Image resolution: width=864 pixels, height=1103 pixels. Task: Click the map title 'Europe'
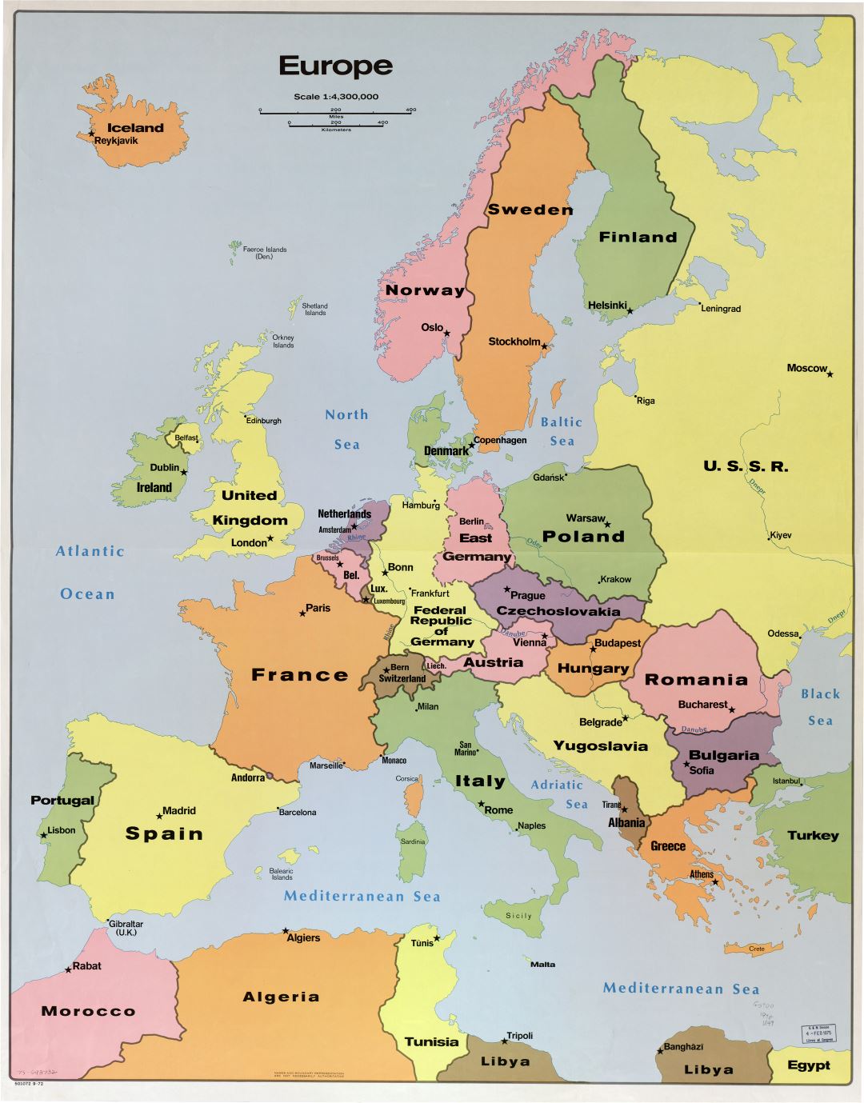[335, 66]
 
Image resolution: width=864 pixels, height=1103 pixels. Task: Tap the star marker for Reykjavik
[91, 134]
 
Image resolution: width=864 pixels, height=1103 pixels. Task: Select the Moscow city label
[806, 368]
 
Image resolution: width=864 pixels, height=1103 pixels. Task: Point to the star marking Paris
[302, 613]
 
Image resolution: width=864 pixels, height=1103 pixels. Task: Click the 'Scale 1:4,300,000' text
[336, 97]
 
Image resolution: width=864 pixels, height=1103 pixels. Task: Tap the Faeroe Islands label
[265, 253]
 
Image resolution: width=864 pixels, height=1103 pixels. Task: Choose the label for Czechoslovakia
[558, 612]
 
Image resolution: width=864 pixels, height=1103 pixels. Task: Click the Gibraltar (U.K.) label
[126, 928]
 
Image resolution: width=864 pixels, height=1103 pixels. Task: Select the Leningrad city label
[721, 309]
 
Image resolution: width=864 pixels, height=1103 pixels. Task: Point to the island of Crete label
[756, 949]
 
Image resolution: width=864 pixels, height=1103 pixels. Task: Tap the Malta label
[542, 964]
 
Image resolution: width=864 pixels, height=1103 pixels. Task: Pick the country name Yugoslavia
[600, 746]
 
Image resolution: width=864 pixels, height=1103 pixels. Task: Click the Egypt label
[808, 1065]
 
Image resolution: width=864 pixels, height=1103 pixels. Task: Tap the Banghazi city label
[683, 1047]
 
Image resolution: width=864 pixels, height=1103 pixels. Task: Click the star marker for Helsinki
[630, 310]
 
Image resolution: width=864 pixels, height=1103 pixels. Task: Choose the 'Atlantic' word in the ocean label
[90, 551]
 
